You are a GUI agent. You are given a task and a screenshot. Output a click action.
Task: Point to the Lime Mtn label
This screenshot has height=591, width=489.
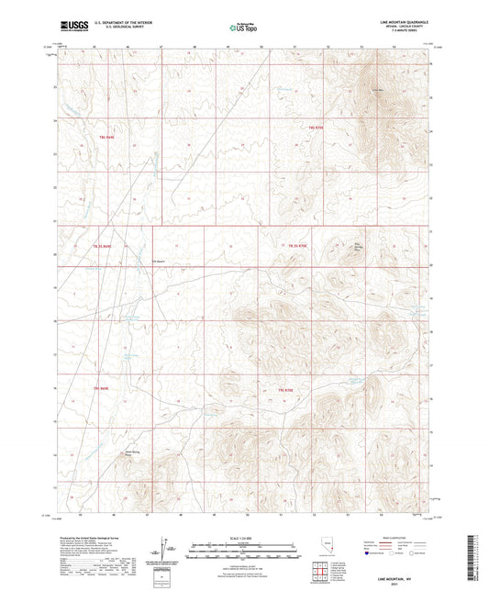pos(376,89)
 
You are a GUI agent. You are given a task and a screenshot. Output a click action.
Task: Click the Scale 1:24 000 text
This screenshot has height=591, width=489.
pos(244,537)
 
